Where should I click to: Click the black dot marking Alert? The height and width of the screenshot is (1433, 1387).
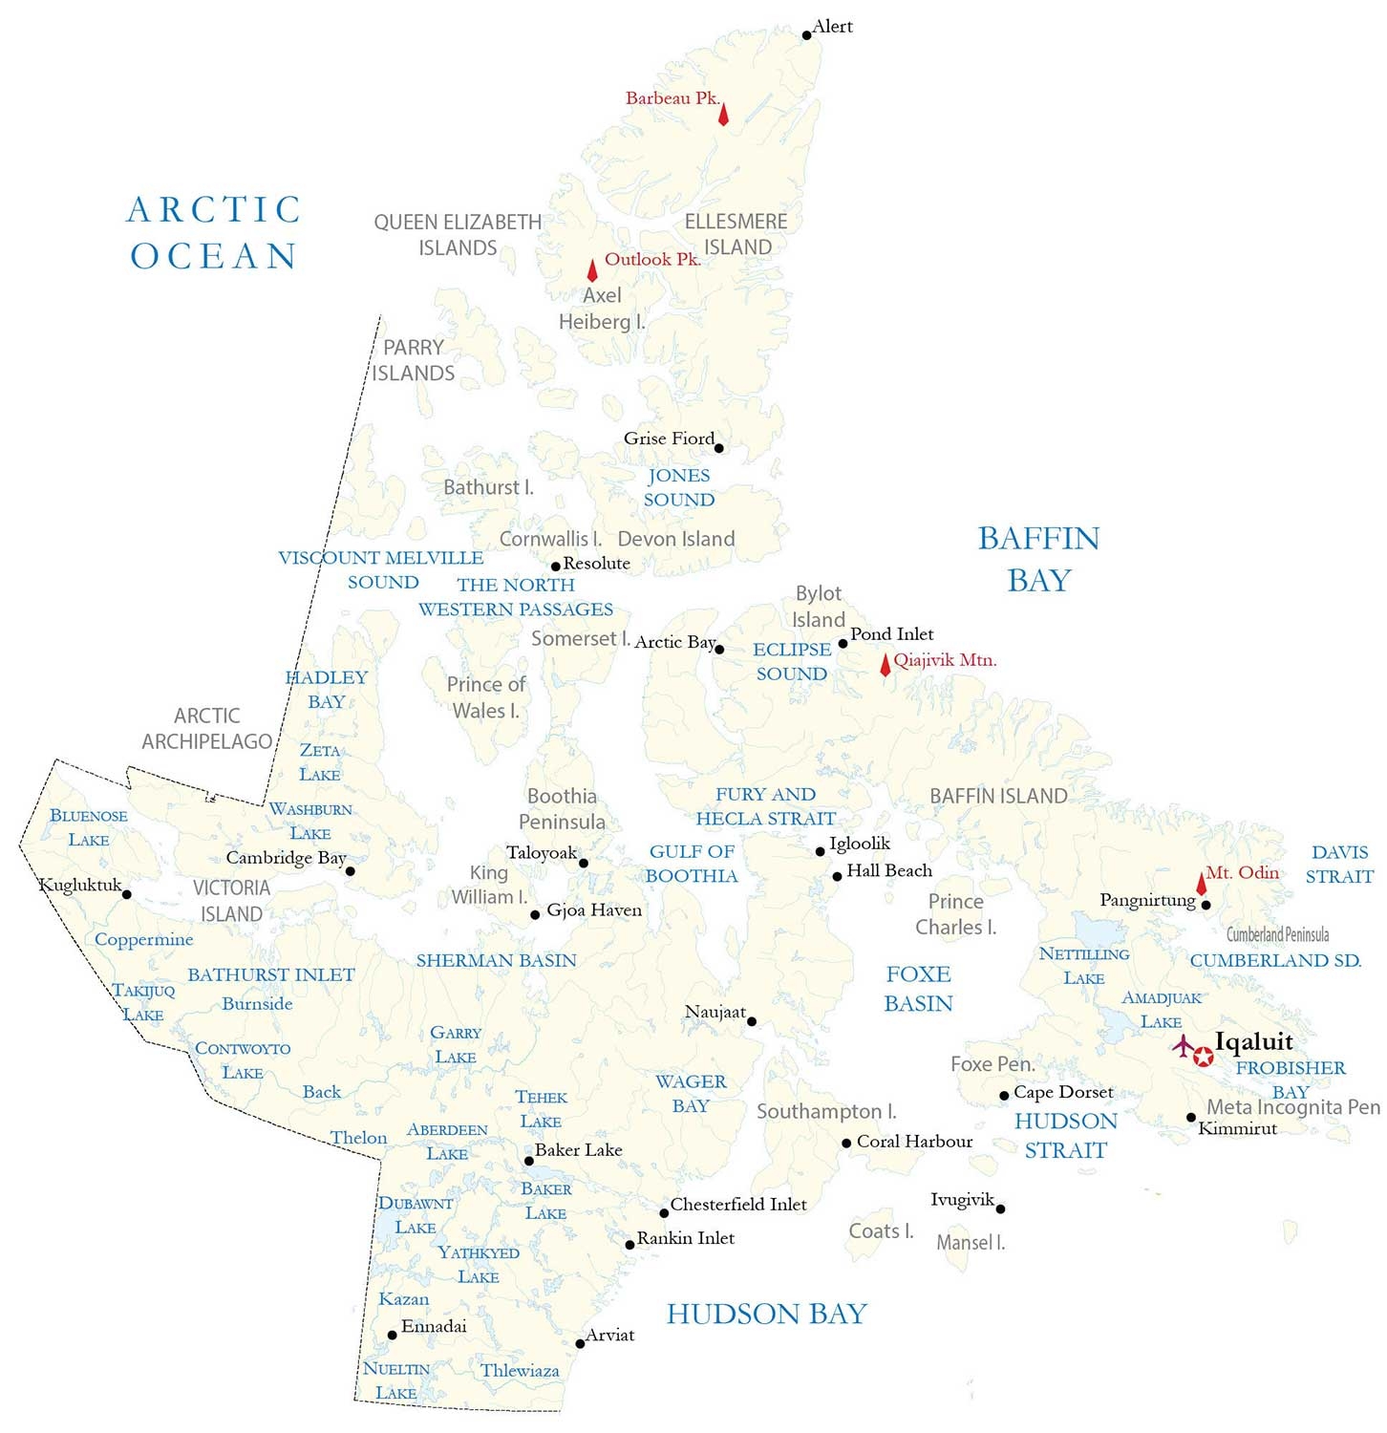pos(806,35)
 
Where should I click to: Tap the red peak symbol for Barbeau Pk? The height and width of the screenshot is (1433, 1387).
pos(723,114)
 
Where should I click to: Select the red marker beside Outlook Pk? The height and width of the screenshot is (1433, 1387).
pos(592,270)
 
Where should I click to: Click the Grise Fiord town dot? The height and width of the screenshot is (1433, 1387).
pos(718,448)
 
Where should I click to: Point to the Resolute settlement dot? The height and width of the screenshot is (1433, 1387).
pos(556,567)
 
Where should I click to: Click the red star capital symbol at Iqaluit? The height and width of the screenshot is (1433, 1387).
pos(1204,1056)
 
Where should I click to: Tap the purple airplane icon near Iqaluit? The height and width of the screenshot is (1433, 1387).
pos(1184,1046)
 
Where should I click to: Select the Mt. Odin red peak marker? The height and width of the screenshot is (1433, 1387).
pos(1202,884)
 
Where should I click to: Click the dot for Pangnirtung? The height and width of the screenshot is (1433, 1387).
pos(1206,905)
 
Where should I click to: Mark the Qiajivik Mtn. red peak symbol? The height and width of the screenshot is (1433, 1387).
pos(886,665)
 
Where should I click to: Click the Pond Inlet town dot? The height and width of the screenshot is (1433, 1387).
pos(843,643)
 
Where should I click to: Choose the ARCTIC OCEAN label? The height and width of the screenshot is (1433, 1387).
pos(214,233)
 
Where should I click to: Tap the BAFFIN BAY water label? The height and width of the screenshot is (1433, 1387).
pos(1038,559)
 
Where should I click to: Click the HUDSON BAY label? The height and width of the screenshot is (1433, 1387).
pos(766,1315)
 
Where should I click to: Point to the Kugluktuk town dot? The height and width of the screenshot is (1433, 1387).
pos(127,895)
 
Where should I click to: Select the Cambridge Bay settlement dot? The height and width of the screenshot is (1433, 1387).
pos(351,871)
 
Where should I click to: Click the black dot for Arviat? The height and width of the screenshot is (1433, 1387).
pos(580,1344)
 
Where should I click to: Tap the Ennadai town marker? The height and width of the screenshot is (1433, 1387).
pos(392,1336)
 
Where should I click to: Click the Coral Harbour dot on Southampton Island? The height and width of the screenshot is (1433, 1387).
pos(846,1144)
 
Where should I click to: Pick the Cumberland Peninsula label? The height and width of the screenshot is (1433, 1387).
pos(1277,934)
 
